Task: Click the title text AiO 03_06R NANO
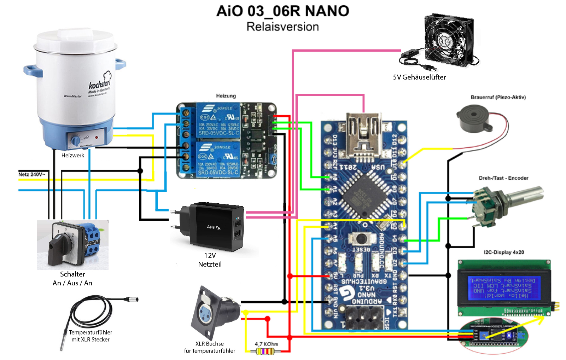[282, 11]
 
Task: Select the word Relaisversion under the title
[282, 27]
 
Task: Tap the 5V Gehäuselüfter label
[419, 77]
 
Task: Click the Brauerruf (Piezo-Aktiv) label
[498, 97]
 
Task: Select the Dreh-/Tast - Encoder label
[503, 178]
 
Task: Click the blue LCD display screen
[504, 288]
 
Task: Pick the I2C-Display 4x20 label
[504, 252]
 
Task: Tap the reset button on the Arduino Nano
[361, 239]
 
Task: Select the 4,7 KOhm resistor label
[266, 344]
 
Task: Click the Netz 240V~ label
[32, 174]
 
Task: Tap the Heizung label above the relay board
[226, 96]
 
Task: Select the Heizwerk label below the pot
[73, 155]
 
